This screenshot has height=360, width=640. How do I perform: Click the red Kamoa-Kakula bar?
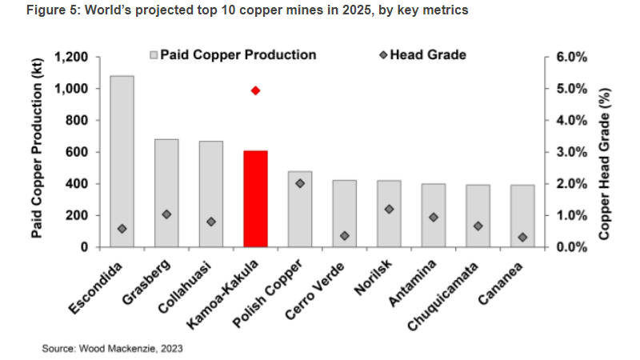coord(255,198)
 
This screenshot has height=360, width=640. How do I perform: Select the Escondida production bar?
coord(122,161)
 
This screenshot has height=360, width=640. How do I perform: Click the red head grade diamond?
coord(255,90)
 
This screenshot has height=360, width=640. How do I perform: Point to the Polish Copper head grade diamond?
coord(300,183)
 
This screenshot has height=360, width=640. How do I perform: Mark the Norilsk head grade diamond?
coord(390,209)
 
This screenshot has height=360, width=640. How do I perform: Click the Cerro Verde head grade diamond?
coord(345,236)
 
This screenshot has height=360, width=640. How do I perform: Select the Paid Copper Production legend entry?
coord(233,55)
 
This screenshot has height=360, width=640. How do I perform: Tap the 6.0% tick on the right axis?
coord(571,58)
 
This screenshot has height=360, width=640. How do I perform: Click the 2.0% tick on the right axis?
coord(571,183)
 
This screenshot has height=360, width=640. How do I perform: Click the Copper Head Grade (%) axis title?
coord(617,152)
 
